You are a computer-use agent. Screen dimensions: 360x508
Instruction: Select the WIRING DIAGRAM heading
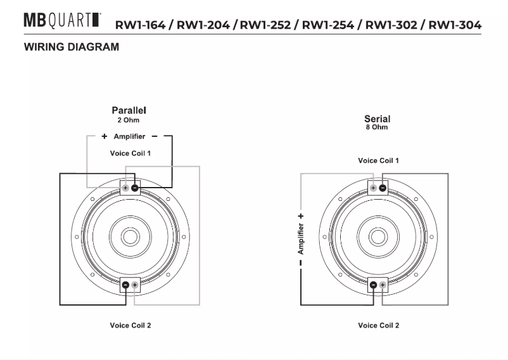click(70, 48)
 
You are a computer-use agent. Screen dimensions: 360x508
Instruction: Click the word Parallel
click(129, 110)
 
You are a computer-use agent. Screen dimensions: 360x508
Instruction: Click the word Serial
click(377, 119)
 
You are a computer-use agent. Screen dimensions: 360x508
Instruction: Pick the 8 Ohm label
click(377, 127)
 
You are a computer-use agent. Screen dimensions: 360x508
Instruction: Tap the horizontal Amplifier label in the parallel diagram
click(129, 136)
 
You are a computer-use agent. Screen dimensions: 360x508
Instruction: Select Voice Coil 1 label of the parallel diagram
click(130, 153)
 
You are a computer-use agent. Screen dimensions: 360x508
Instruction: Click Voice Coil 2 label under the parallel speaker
click(130, 325)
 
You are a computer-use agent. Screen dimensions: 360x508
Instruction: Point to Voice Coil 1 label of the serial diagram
click(378, 161)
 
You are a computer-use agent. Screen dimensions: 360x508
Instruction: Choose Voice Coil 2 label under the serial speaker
click(378, 325)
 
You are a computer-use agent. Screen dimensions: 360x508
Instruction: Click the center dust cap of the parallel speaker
click(130, 236)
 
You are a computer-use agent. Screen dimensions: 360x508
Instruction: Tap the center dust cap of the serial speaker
click(378, 236)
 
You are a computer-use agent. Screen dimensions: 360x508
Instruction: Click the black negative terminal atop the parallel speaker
click(135, 188)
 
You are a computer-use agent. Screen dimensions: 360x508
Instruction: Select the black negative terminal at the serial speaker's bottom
click(373, 285)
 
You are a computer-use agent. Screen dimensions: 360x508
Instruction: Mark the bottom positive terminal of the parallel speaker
click(134, 285)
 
